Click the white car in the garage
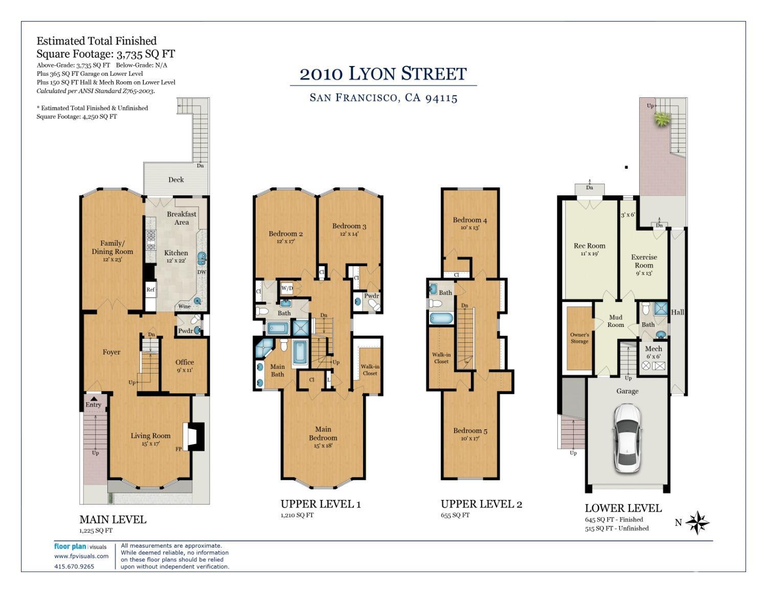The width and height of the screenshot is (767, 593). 627,438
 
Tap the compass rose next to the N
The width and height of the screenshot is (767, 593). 697,522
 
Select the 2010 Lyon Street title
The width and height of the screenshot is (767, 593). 383,74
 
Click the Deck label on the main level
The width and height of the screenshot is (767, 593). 176,180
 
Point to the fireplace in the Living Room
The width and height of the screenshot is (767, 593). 193,436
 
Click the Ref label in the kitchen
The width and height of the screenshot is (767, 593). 150,290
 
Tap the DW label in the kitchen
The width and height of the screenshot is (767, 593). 201,272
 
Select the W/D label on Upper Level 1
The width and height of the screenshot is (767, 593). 287,288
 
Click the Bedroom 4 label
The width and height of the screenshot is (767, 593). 470,220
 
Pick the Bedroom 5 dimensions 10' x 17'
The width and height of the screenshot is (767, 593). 470,438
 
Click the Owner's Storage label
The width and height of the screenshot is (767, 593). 579,338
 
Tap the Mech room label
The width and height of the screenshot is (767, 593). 653,348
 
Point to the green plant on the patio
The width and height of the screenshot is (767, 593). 662,119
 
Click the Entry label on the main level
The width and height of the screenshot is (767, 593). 93,405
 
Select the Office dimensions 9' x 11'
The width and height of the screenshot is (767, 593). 185,370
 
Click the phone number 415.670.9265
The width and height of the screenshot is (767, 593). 74,566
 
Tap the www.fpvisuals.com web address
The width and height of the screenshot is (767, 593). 81,556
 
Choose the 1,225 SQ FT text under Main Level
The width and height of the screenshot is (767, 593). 96,531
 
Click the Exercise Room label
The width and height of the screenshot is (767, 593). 644,261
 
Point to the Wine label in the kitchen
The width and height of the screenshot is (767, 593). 184,306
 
